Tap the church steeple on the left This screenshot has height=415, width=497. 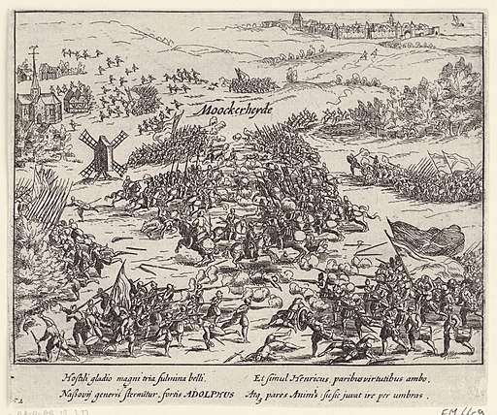pyautogui.click(x=35, y=80)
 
